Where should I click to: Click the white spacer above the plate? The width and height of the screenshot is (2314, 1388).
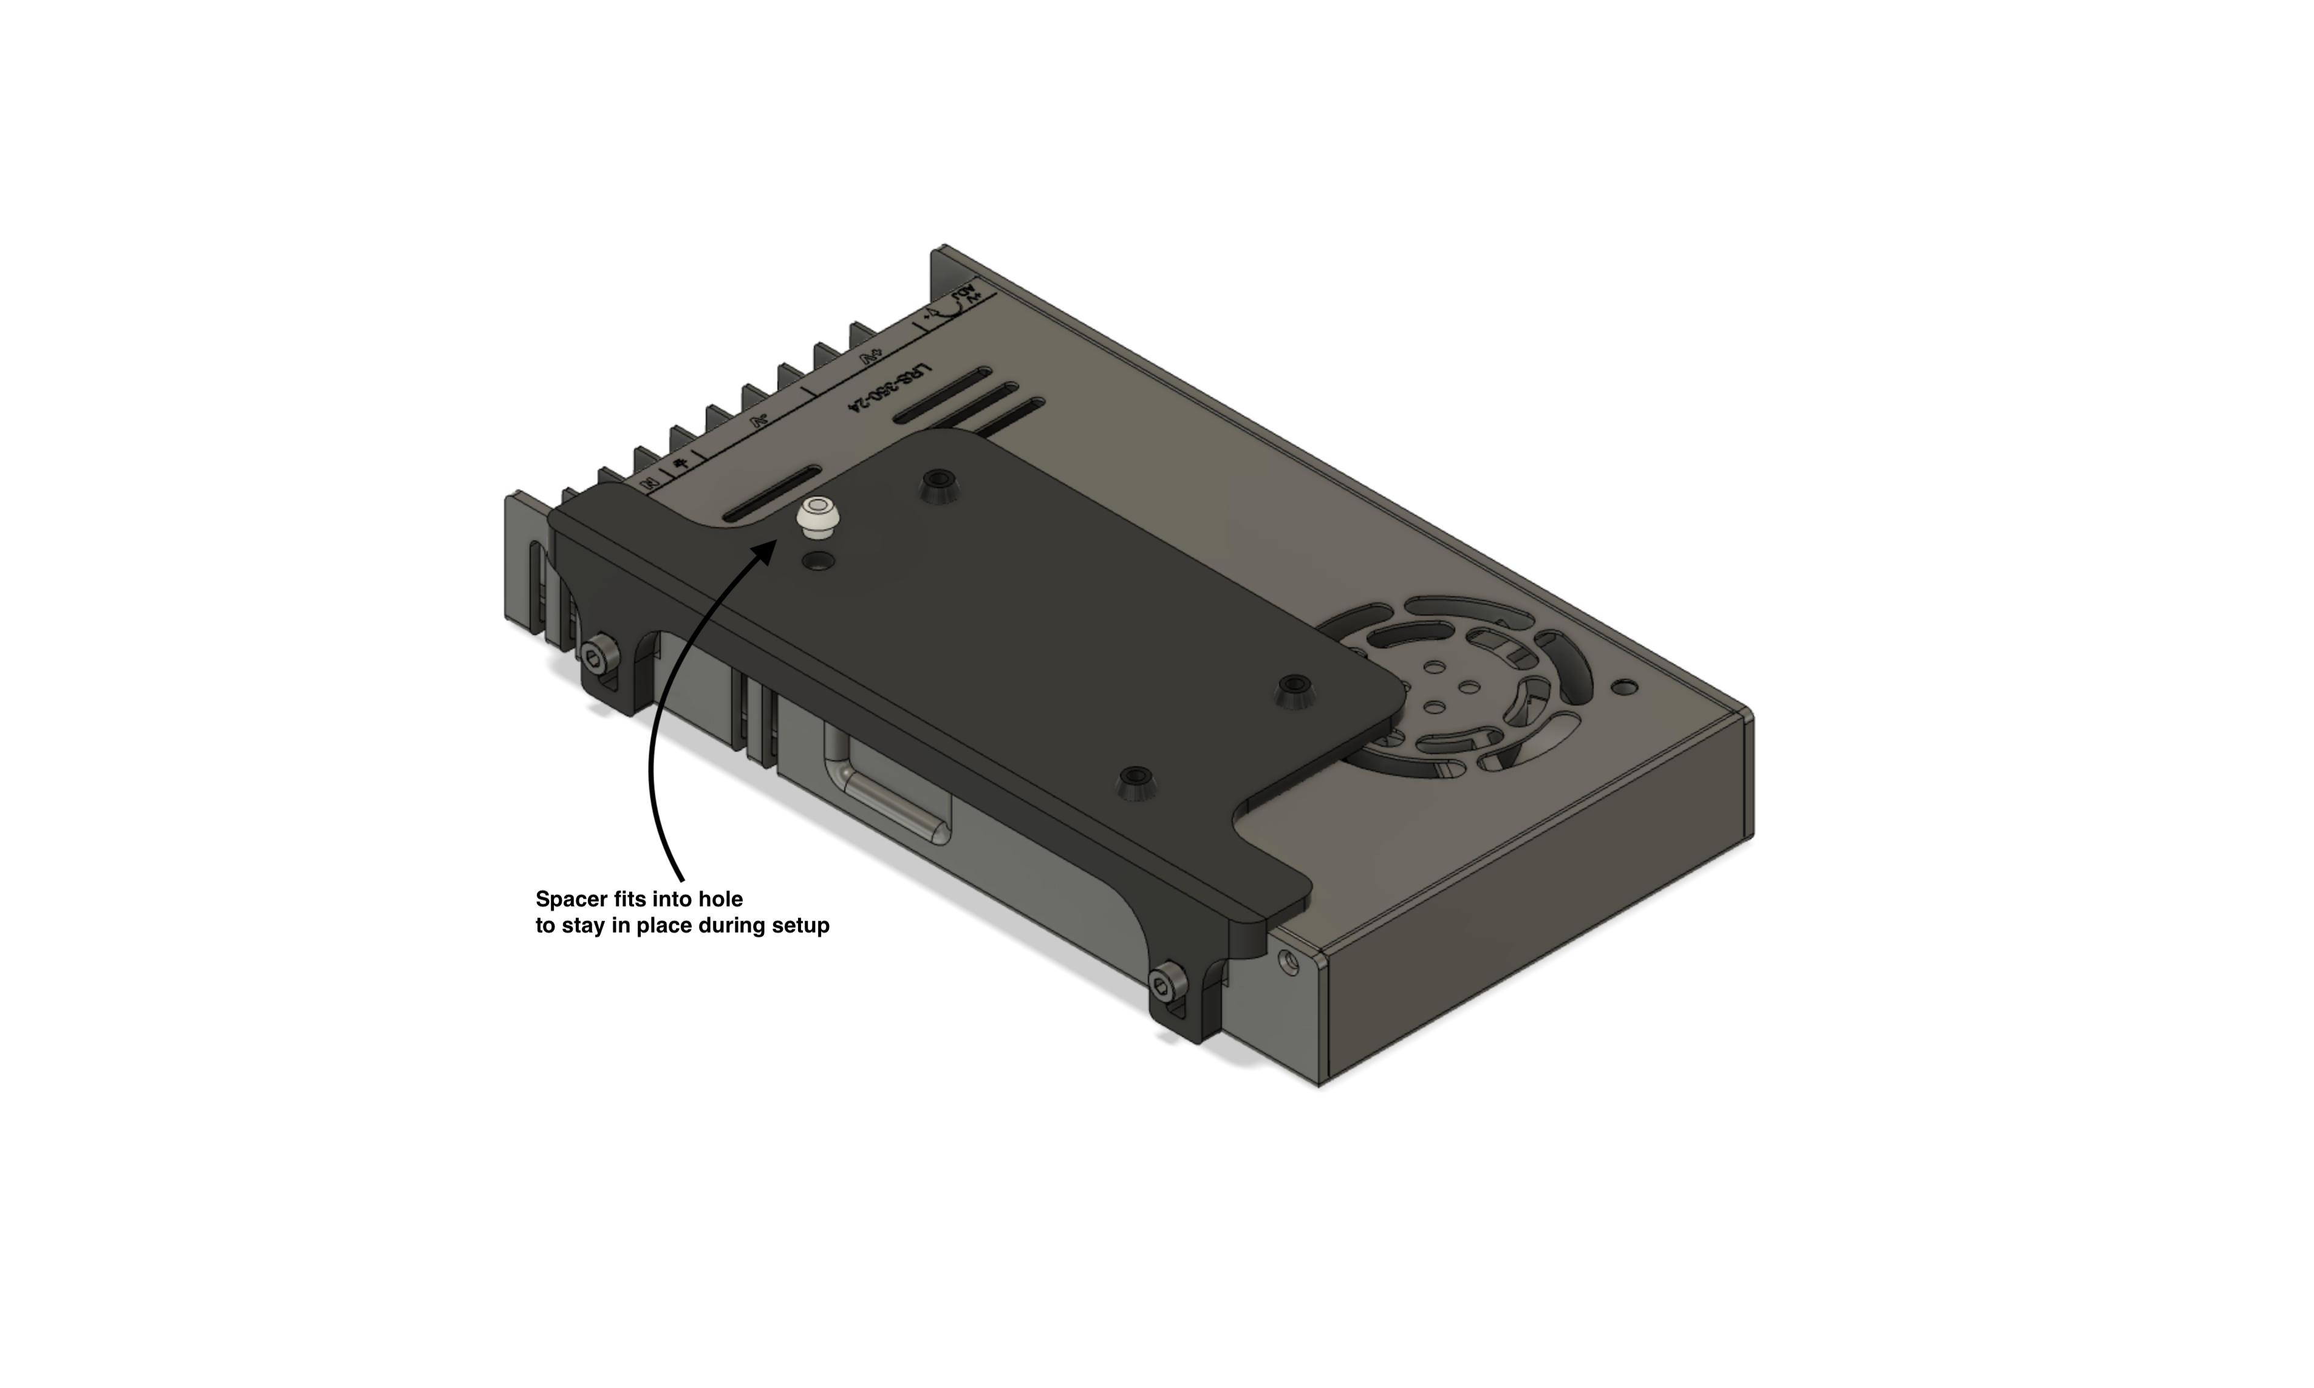coord(816,519)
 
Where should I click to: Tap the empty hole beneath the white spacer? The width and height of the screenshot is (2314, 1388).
coord(821,561)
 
